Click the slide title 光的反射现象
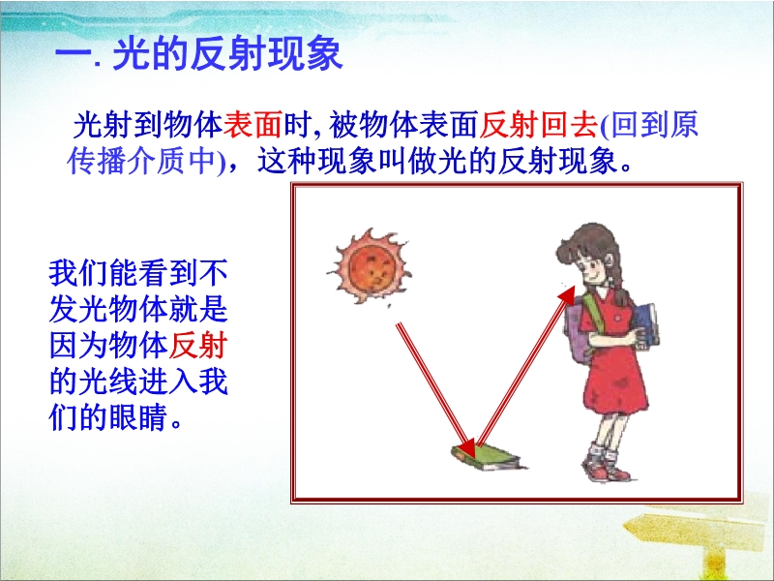pos(227,53)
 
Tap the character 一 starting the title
pos(74,54)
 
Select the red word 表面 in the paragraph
pos(253,124)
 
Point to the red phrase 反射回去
pos(538,124)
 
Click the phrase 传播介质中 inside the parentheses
pos(141,160)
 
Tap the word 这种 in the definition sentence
pos(286,160)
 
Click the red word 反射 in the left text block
pos(198,345)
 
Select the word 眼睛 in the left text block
pos(138,417)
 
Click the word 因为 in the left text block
pos(78,345)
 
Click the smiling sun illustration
pos(371,267)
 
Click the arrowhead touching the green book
pos(466,447)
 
